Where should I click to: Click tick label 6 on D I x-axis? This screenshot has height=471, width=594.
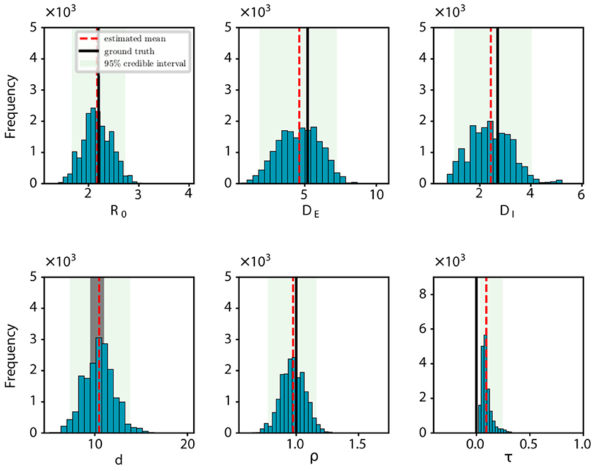coord(582,194)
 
